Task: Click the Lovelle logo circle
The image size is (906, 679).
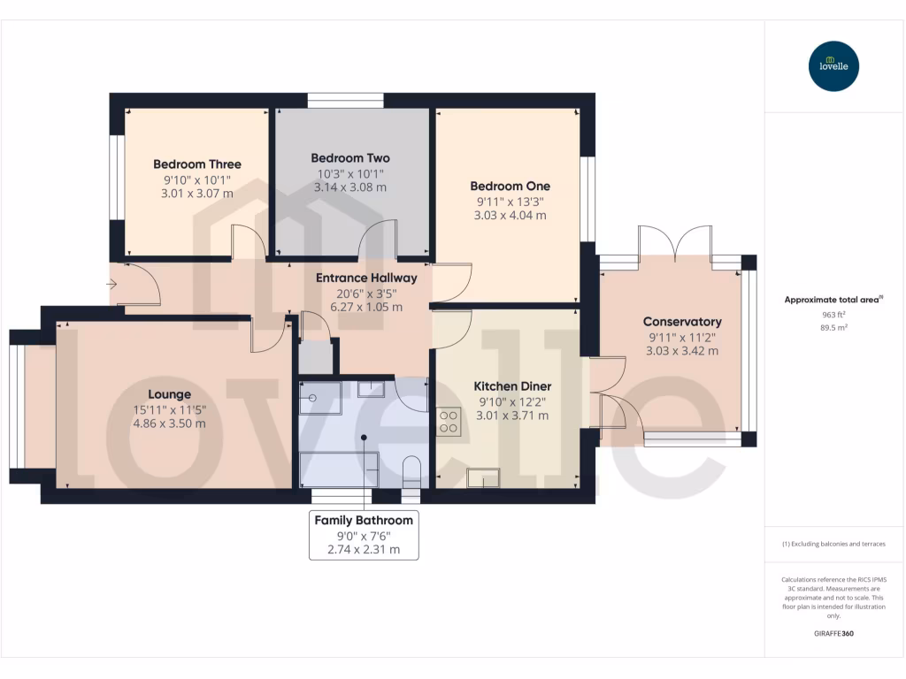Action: (x=833, y=66)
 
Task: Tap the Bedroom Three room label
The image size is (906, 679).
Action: (x=196, y=164)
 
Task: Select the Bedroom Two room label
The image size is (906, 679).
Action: (x=350, y=158)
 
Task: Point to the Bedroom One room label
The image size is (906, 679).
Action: (x=510, y=187)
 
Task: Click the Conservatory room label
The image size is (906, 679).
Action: (x=681, y=322)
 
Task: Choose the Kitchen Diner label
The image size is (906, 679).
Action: (x=512, y=386)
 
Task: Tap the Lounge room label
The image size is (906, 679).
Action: (x=169, y=394)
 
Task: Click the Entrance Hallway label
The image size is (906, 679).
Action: (x=366, y=278)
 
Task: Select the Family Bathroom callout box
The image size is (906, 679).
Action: (x=364, y=535)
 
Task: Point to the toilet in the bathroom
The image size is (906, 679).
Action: (x=411, y=469)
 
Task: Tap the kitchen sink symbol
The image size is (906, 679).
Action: (x=484, y=477)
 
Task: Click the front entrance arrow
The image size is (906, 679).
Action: (x=111, y=284)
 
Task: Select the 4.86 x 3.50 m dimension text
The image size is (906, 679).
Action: (x=169, y=423)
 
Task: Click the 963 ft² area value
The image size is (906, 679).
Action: (x=833, y=314)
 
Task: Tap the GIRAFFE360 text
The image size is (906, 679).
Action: (x=833, y=634)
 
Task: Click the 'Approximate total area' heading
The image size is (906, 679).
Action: (x=833, y=300)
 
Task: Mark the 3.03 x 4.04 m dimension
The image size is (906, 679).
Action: (x=510, y=215)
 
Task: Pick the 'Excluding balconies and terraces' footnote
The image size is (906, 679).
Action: (x=833, y=544)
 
